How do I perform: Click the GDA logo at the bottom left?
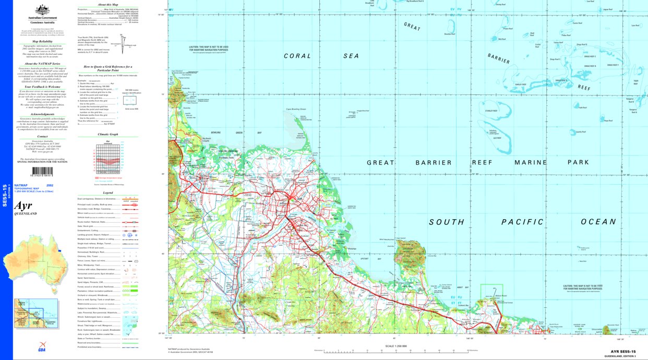[x=42, y=345]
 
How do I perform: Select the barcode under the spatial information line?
[x=43, y=176]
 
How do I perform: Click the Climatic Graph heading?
[x=108, y=135]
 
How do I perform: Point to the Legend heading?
[x=108, y=193]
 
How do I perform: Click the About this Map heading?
[x=108, y=5]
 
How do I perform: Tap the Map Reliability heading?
[x=43, y=40]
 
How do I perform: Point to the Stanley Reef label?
[x=505, y=111]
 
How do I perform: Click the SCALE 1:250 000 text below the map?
[x=399, y=346]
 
